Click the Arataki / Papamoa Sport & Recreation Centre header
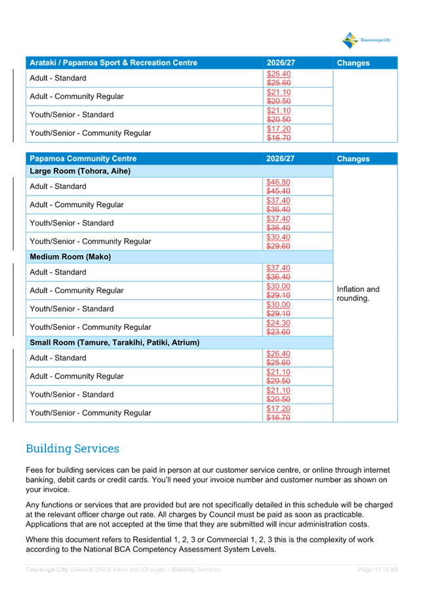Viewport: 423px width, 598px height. tap(113, 63)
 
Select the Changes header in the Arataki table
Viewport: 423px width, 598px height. tap(353, 63)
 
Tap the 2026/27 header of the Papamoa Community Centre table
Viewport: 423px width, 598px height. tap(281, 159)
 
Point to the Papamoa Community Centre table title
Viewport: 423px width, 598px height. tap(83, 159)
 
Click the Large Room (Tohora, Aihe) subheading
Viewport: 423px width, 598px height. tap(80, 171)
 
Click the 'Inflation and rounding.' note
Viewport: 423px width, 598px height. tap(358, 294)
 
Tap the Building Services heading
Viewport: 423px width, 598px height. tap(72, 449)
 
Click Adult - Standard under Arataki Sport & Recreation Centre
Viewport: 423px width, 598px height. tap(58, 79)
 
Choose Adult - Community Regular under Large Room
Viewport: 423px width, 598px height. tap(76, 205)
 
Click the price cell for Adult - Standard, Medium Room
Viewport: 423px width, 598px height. tap(279, 272)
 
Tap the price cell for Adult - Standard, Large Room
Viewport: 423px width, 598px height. tap(279, 186)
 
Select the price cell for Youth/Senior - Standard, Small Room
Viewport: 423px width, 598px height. tap(279, 395)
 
